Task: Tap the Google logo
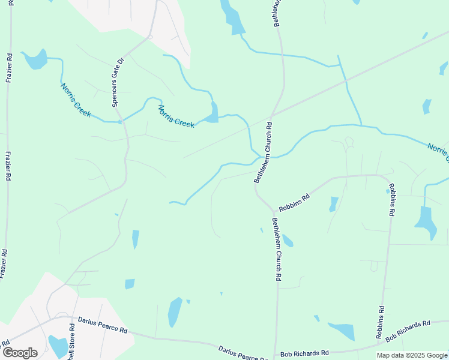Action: [20, 353]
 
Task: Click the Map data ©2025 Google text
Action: [412, 355]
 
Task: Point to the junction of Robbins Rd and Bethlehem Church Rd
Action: [274, 212]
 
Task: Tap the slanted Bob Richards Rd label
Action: [408, 331]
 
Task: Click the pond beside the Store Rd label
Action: [58, 347]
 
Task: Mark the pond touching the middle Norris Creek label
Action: [212, 113]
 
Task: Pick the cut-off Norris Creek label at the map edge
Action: [438, 152]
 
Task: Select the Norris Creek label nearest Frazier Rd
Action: [76, 100]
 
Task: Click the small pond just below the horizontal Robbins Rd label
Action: [333, 205]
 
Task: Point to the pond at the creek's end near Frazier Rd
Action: [36, 58]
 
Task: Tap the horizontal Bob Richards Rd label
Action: [304, 353]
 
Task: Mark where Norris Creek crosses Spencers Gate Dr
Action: [120, 122]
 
